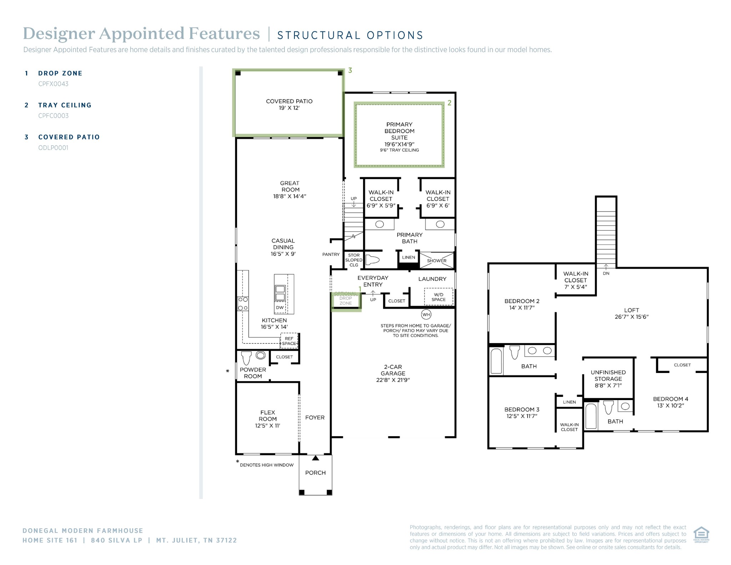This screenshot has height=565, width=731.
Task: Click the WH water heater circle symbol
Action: point(426,314)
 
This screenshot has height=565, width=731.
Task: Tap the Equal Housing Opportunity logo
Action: point(701,534)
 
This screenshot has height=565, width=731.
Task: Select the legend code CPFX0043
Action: point(53,84)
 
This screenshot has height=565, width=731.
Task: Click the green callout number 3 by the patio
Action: point(350,70)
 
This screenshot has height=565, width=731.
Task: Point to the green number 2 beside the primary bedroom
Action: point(449,103)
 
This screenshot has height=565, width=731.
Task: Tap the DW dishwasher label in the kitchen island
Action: point(280,307)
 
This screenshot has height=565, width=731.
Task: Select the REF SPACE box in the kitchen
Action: point(289,341)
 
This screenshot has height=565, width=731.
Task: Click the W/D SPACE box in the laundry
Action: point(439,297)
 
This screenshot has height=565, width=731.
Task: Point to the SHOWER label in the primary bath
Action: point(437,261)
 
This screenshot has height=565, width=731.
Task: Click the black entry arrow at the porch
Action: point(316,458)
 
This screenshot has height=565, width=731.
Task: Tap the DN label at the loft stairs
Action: point(606,273)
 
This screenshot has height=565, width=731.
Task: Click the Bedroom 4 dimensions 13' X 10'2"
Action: point(671,405)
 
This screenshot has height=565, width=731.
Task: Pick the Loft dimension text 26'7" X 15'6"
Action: point(631,317)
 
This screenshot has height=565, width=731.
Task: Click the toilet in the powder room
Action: point(246,358)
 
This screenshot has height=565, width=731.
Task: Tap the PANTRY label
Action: point(331,254)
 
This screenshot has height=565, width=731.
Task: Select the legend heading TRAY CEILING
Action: point(65,105)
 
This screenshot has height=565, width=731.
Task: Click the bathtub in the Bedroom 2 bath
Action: point(496,361)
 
